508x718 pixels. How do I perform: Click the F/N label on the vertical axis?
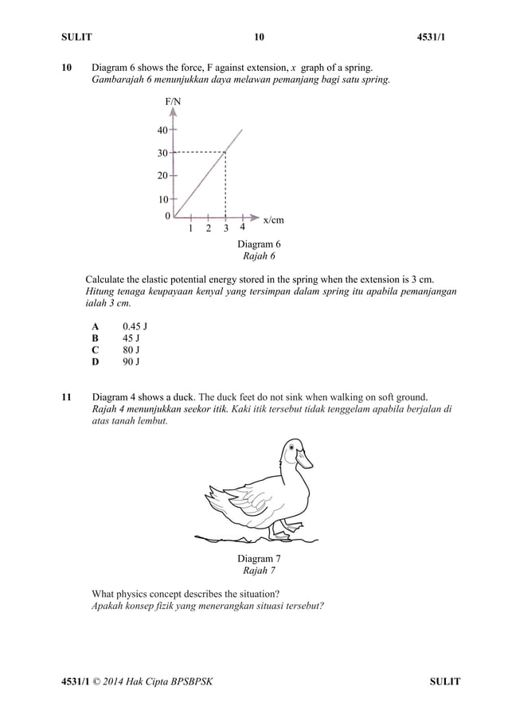[173, 102]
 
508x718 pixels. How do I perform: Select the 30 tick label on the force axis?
[162, 153]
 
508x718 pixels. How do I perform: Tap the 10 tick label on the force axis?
[162, 199]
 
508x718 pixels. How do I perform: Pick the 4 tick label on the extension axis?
[242, 226]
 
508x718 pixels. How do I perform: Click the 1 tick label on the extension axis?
[191, 229]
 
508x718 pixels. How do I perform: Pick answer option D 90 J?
[116, 362]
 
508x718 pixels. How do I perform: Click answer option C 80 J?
[116, 350]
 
